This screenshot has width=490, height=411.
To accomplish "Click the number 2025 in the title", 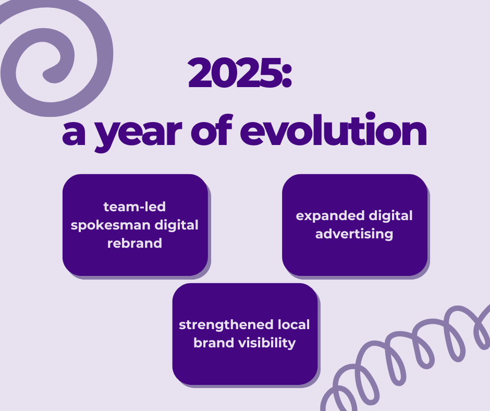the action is pos(235,72).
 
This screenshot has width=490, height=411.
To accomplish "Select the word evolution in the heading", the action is pos(333,129).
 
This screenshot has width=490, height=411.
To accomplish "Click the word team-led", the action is pos(134,207).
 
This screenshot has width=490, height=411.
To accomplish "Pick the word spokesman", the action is pos(111,225).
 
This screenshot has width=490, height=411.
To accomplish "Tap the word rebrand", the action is pos(134,243).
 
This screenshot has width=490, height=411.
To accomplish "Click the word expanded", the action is pos(330,216).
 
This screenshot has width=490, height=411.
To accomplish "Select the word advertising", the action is pos(354,234).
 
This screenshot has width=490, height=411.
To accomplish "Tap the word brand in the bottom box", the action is pos(214,343).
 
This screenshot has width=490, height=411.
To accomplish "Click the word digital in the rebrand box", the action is pos(177,225).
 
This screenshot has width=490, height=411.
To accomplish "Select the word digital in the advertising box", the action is pos(390,216).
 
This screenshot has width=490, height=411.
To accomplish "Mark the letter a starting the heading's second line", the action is pos(73,134).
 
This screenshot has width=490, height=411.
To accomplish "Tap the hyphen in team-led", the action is pos(136,208).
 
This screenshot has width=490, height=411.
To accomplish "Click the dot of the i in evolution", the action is pos(370,116).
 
